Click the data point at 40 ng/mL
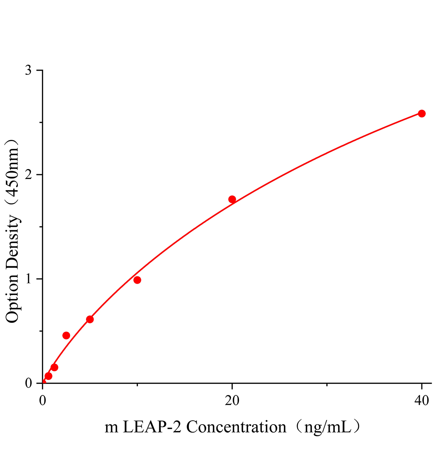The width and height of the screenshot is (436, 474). point(421,114)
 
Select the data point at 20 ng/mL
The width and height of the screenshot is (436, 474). point(232,199)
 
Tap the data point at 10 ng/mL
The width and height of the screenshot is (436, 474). point(137,280)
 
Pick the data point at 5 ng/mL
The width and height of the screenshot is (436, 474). point(90,319)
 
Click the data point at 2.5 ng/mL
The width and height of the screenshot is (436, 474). point(66,335)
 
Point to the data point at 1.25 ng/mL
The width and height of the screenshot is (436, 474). point(54,367)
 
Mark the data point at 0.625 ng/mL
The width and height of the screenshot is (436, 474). point(49,376)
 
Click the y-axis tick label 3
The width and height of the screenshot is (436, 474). point(28,70)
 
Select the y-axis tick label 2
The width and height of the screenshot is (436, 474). point(28,175)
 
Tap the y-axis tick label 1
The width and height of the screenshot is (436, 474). point(28,279)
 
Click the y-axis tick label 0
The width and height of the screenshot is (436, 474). point(28,383)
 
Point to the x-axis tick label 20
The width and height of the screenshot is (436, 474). point(232,401)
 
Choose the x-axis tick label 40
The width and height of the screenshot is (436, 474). point(421,401)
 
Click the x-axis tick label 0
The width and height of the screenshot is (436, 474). point(43,401)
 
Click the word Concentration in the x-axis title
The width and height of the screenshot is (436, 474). point(236,427)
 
